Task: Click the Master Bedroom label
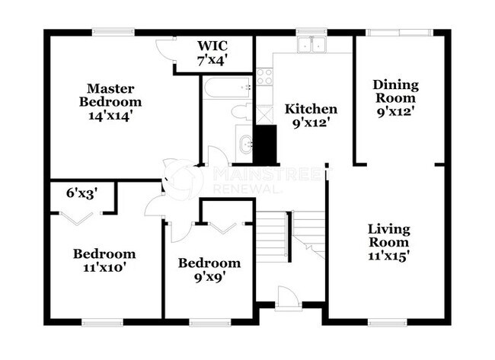113,102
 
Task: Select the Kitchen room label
311,115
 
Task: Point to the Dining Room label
396,97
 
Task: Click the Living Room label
389,242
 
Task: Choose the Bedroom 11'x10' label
104,260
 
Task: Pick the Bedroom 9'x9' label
209,269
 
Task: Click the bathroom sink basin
244,142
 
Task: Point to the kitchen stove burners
265,76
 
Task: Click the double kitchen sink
311,44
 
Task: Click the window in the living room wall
387,322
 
